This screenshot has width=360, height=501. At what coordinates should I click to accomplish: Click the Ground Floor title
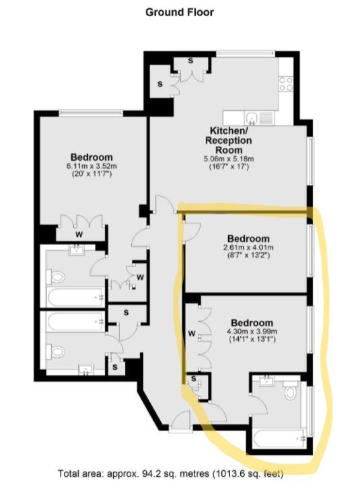pyautogui.click(x=180, y=13)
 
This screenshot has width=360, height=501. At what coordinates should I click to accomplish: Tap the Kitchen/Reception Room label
pyautogui.click(x=228, y=141)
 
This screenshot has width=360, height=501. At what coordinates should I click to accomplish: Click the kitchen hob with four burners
pyautogui.click(x=286, y=83)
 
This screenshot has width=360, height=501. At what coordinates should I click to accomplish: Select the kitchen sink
pyautogui.click(x=252, y=118)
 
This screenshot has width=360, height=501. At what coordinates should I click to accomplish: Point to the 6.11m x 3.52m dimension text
pyautogui.click(x=92, y=166)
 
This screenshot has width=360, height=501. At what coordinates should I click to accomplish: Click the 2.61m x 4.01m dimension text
pyautogui.click(x=248, y=247)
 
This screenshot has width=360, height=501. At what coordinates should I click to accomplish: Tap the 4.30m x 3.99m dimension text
pyautogui.click(x=252, y=332)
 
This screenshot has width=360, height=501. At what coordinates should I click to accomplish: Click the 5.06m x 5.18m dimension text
pyautogui.click(x=229, y=159)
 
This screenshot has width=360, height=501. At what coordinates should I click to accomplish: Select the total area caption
pyautogui.click(x=170, y=473)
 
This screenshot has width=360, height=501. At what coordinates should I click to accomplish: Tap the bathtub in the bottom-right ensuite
pyautogui.click(x=279, y=438)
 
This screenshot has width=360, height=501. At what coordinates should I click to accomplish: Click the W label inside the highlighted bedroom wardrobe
pyautogui.click(x=192, y=334)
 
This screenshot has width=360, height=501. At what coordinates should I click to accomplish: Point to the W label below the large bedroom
pyautogui.click(x=79, y=235)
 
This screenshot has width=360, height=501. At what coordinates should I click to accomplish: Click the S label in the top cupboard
pyautogui.click(x=190, y=61)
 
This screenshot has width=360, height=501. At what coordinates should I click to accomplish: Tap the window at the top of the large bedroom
pyautogui.click(x=91, y=113)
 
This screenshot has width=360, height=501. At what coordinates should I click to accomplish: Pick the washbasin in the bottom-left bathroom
pyautogui.click(x=85, y=370)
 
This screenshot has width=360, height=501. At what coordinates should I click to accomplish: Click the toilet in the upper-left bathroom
pyautogui.click(x=55, y=277)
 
